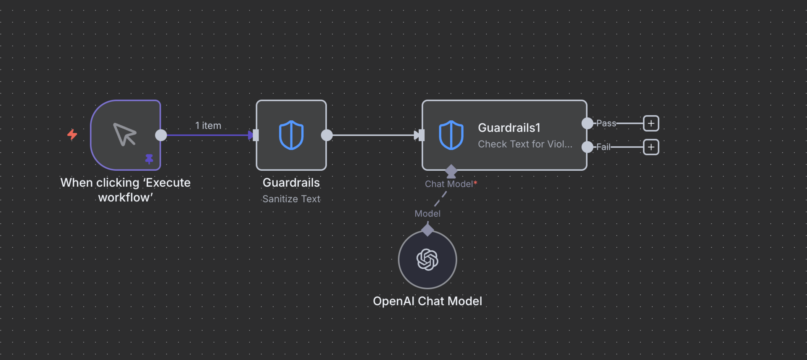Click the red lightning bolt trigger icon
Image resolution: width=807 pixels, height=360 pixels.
pos(72,135)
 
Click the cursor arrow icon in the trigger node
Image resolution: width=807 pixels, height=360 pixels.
pos(125,135)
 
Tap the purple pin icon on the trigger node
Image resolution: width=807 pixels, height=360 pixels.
pos(149,159)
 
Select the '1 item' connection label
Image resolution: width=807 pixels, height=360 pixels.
pos(208,126)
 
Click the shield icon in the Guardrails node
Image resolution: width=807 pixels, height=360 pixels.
pos(291,135)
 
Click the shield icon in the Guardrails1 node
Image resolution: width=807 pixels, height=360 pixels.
pos(451,135)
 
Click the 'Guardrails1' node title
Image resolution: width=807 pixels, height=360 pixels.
pos(509,128)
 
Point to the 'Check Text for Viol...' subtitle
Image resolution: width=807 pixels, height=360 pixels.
pos(525,144)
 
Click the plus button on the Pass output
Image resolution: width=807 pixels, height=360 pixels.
pos(651,123)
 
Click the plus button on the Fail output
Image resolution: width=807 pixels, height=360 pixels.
pos(651,147)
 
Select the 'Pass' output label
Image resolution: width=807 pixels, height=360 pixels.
pos(606,123)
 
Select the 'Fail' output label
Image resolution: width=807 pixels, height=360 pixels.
pos(603,147)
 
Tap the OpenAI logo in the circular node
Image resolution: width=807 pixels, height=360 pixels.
pos(427,259)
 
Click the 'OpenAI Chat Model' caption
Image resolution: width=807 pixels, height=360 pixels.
pos(427,301)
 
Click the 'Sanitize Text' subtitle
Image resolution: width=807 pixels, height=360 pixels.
pos(291,199)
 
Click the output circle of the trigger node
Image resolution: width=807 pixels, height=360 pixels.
pos(161,135)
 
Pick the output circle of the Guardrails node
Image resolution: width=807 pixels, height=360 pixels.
pos(327,135)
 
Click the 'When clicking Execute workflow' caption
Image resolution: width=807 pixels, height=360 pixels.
pos(125,190)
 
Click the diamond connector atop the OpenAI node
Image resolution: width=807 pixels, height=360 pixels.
pos(427,230)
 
